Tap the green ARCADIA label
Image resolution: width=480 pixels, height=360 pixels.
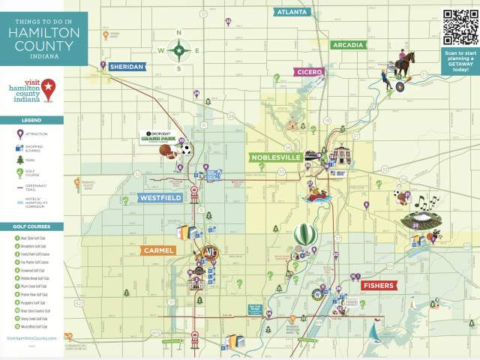pos(349,44)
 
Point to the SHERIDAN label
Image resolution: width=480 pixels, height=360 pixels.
pos(126,67)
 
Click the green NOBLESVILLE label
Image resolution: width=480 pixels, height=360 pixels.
pos(275,157)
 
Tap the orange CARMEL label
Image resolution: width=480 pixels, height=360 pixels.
pos(158,250)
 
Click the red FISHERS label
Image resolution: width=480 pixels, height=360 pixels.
pos(378,286)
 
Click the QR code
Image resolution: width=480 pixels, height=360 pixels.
pos(460,27)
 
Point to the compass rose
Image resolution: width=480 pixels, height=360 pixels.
pos(179,50)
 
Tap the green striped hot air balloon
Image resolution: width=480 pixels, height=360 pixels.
pos(303,235)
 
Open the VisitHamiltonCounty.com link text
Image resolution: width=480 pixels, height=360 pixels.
pos(31,339)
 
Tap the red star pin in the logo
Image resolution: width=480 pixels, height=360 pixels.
pos(48,88)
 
